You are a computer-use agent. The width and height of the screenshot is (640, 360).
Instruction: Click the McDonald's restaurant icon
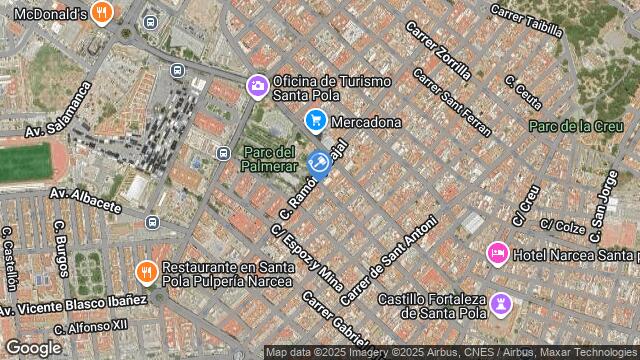click(101, 13)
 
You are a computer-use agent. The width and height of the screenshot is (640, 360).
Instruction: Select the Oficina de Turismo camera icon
click(258, 87)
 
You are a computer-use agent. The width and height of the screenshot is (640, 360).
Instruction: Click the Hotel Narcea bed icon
click(497, 254)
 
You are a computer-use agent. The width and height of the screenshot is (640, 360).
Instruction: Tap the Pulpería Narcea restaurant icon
click(146, 271)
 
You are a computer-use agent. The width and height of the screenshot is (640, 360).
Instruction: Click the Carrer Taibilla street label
click(527, 19)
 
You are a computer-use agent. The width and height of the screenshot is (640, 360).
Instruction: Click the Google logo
click(33, 347)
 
